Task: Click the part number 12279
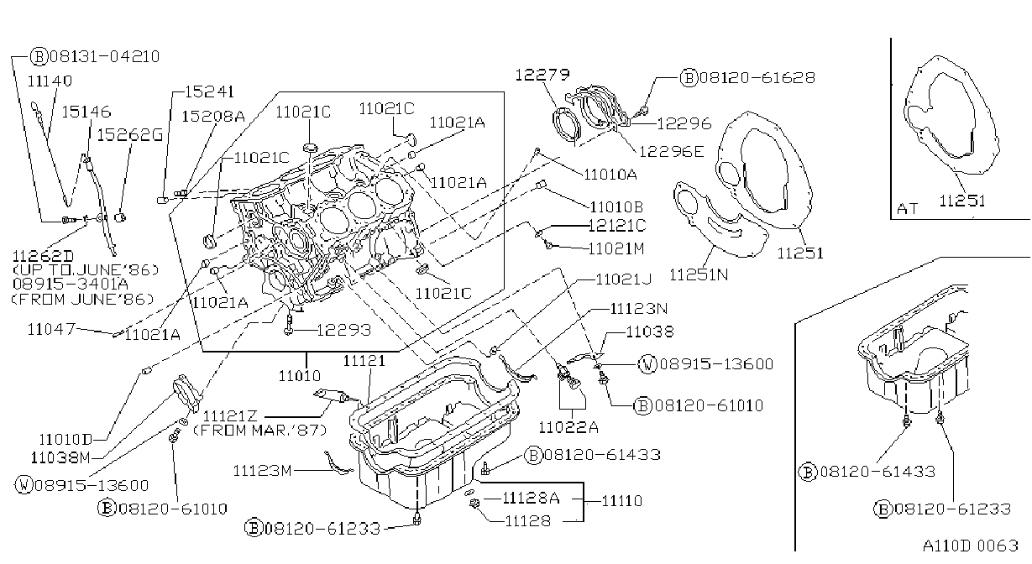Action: click(542, 74)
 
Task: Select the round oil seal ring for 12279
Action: click(566, 123)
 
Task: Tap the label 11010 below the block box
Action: click(300, 376)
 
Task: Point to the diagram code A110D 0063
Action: click(970, 546)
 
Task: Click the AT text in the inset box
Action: click(907, 209)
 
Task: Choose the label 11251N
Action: click(699, 274)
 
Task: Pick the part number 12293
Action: click(343, 330)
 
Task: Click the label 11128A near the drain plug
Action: click(531, 498)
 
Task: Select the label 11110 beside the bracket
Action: click(622, 500)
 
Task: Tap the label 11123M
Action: click(262, 471)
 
